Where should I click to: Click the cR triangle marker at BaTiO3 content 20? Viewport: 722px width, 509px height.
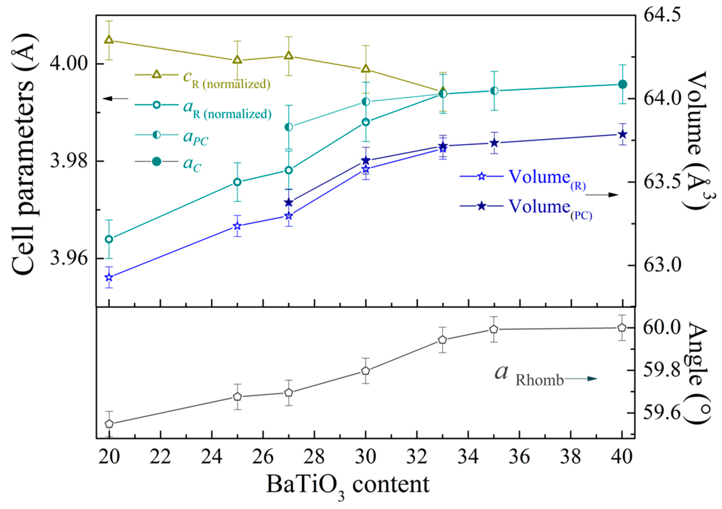pyautogui.click(x=109, y=39)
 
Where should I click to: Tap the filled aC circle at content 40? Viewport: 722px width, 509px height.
pyautogui.click(x=622, y=84)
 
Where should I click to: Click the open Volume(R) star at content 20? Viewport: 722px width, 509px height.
pyautogui.click(x=109, y=277)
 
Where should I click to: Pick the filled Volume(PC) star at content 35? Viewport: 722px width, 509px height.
pyautogui.click(x=494, y=143)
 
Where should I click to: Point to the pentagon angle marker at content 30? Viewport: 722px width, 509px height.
pyautogui.click(x=365, y=371)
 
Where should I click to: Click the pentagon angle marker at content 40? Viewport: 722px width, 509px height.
pyautogui.click(x=622, y=328)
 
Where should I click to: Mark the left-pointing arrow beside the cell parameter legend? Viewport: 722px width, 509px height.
pyautogui.click(x=116, y=99)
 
